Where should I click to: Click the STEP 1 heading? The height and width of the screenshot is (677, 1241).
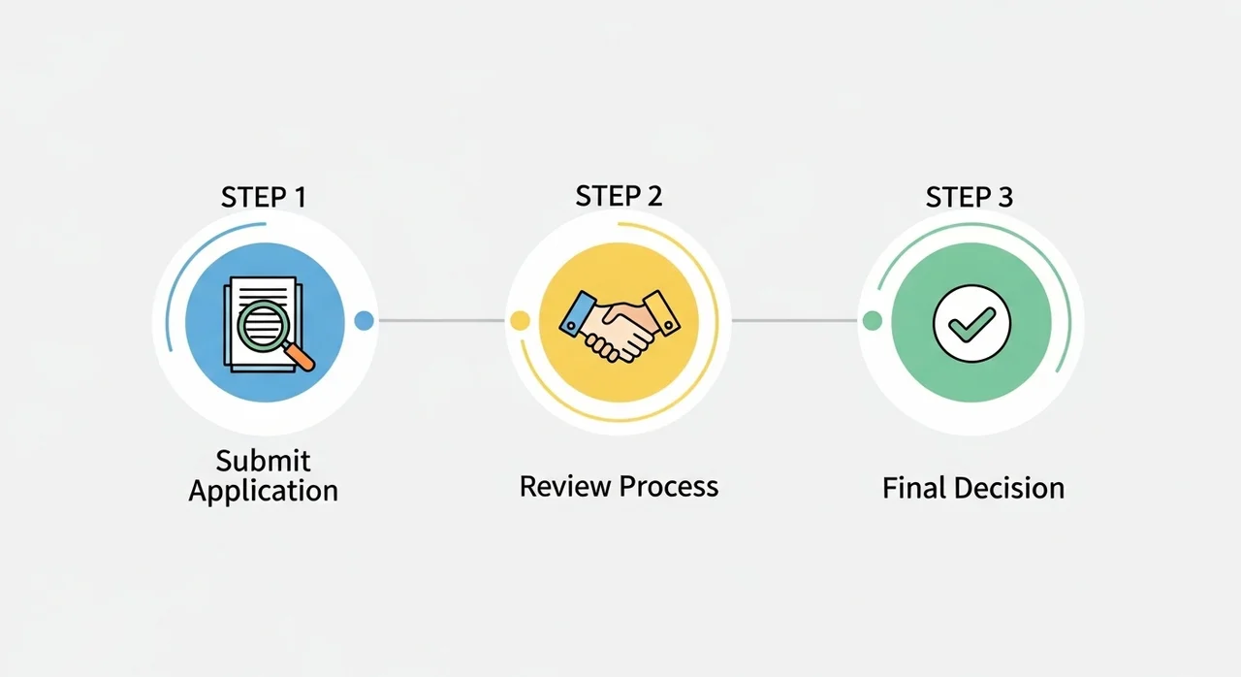[264, 197]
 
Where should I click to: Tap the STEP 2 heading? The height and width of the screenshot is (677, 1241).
[619, 196]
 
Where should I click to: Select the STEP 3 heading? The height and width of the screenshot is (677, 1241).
[970, 197]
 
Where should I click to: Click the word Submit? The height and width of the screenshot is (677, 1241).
[263, 461]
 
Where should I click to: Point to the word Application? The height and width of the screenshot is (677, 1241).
[263, 492]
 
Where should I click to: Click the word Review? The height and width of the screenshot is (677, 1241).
[565, 487]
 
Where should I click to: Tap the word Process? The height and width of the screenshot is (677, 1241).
[669, 487]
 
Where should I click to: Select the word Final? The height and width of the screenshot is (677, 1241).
[914, 488]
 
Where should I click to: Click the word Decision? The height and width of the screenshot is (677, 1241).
[1009, 488]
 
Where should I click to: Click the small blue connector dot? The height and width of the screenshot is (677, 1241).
[364, 321]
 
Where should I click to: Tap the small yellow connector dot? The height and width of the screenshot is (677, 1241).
[520, 321]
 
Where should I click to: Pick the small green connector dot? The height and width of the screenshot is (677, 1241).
[873, 321]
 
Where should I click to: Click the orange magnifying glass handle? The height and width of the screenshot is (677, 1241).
[300, 356]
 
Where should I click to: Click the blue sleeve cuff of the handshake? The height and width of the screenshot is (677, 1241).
[577, 313]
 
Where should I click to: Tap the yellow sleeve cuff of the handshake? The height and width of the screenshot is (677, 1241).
[661, 312]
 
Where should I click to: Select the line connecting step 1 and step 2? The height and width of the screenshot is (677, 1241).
[441, 321]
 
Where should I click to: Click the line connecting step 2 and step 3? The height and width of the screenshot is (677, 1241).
[794, 321]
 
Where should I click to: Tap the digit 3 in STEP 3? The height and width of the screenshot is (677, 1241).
[1005, 197]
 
